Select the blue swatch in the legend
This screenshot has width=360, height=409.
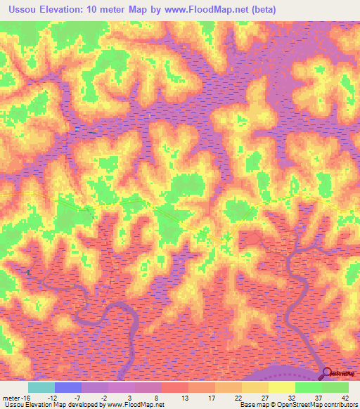(x=67, y=387)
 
